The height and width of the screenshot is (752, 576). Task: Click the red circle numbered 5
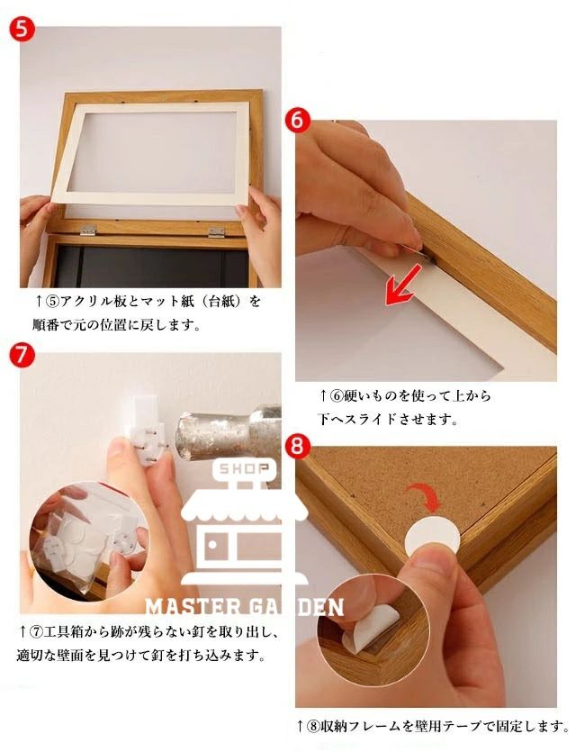tap(22, 29)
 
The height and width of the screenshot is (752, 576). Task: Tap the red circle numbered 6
tap(297, 120)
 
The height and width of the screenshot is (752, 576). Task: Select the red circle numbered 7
tap(22, 356)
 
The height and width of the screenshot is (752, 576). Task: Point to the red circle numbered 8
tap(297, 447)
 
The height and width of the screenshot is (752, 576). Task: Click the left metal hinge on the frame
tap(88, 230)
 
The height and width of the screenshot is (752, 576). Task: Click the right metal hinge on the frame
tap(217, 232)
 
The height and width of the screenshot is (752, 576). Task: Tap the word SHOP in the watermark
tap(245, 469)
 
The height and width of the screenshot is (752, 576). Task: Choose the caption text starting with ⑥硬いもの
tap(404, 408)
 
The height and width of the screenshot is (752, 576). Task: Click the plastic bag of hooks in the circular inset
tap(79, 542)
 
